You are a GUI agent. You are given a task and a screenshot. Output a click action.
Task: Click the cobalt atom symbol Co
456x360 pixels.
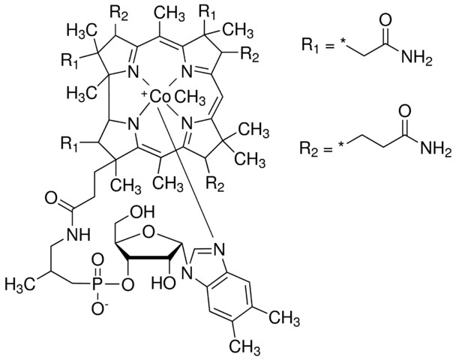[x=159, y=97]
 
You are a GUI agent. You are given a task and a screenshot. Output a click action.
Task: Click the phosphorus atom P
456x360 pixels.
[x=96, y=284]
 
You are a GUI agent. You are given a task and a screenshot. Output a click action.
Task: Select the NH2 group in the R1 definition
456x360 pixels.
[x=417, y=58]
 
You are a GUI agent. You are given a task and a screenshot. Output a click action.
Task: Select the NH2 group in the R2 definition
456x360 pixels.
[x=436, y=149]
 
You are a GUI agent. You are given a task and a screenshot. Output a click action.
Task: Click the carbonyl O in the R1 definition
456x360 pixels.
[x=385, y=21]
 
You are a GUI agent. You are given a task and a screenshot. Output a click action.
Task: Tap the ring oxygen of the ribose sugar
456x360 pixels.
[x=148, y=232]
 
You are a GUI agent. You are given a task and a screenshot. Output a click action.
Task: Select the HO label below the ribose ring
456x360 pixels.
[x=163, y=282]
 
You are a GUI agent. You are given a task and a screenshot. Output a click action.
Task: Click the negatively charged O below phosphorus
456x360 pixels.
[x=98, y=308]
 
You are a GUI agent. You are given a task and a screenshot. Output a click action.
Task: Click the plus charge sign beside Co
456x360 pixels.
[x=145, y=94]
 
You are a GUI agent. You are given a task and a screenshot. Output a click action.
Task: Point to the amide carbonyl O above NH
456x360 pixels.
[x=51, y=199]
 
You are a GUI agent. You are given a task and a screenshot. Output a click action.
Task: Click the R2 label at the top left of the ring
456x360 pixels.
[x=118, y=13]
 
